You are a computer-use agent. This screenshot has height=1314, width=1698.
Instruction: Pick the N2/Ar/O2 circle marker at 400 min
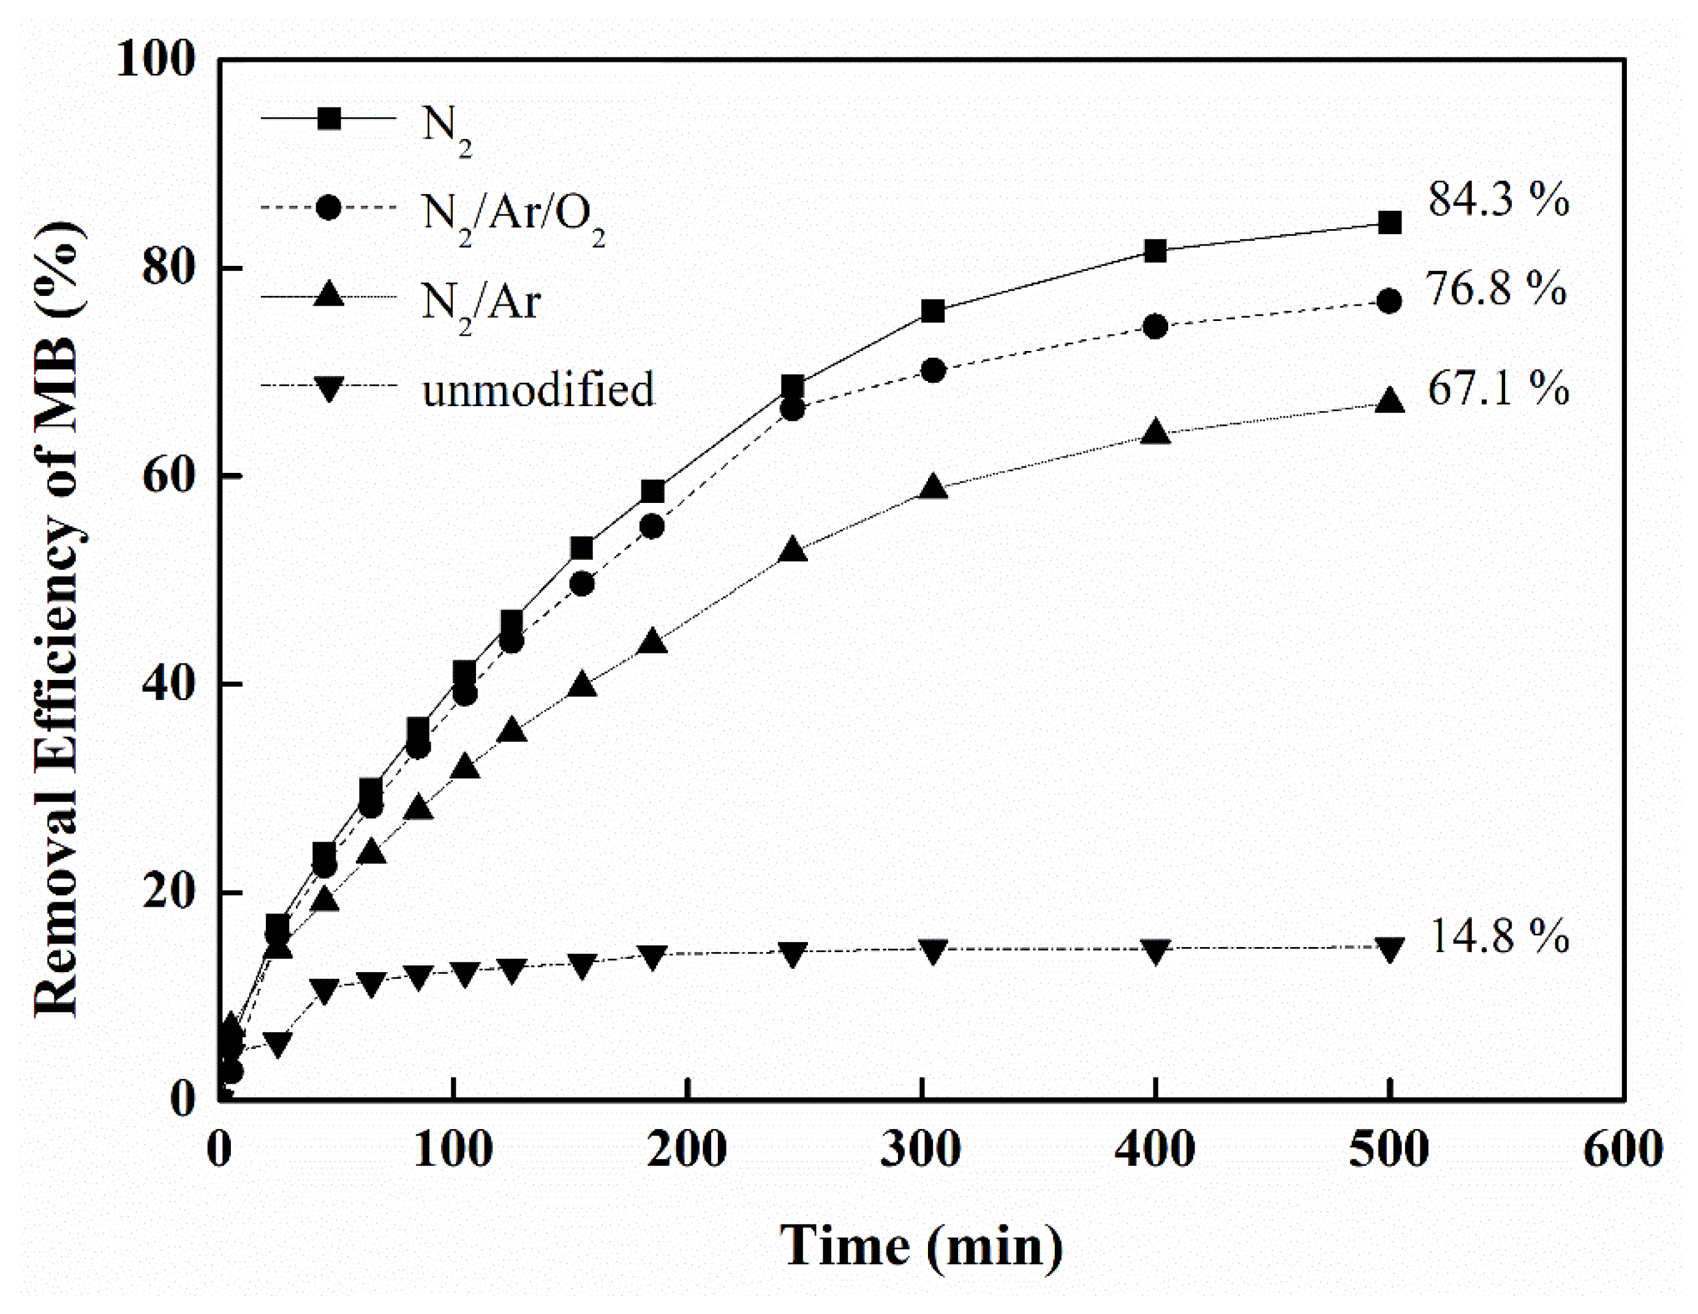1155,327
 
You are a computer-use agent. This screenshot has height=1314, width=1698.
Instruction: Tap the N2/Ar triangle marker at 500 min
1389,401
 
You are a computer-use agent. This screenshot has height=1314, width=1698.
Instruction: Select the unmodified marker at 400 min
1155,950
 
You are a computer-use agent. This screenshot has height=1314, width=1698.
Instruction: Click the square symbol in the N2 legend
329,119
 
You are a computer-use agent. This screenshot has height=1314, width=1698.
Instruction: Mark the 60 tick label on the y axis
167,476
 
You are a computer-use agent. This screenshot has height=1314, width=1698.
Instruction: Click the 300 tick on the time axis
921,1149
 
